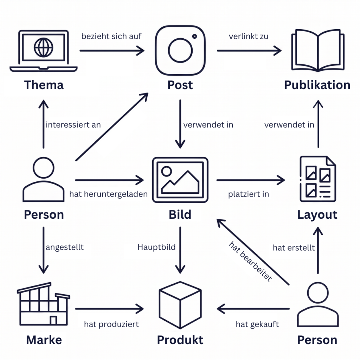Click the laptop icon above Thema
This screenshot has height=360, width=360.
43,51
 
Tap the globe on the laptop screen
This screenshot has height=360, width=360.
43,47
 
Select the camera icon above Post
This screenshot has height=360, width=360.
180,51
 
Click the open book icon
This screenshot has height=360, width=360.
318,50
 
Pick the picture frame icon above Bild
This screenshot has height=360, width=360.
180,180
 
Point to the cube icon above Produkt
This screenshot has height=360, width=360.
180,305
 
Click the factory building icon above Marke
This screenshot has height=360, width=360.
43,304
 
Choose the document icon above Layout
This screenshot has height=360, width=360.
318,179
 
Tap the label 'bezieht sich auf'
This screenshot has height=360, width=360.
111,36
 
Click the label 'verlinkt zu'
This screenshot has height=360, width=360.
249,36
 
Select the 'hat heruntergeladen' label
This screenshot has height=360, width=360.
108,194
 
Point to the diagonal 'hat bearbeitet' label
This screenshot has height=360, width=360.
250,261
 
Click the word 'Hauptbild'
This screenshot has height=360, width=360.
156,247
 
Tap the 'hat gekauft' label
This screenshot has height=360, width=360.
257,324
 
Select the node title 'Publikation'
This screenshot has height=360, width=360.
317,85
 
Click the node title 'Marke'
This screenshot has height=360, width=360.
44,340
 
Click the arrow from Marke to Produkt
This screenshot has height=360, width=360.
109,309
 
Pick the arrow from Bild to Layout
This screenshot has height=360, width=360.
251,180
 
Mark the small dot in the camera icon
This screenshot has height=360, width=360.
194,36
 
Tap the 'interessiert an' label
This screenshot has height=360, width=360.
73,125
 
